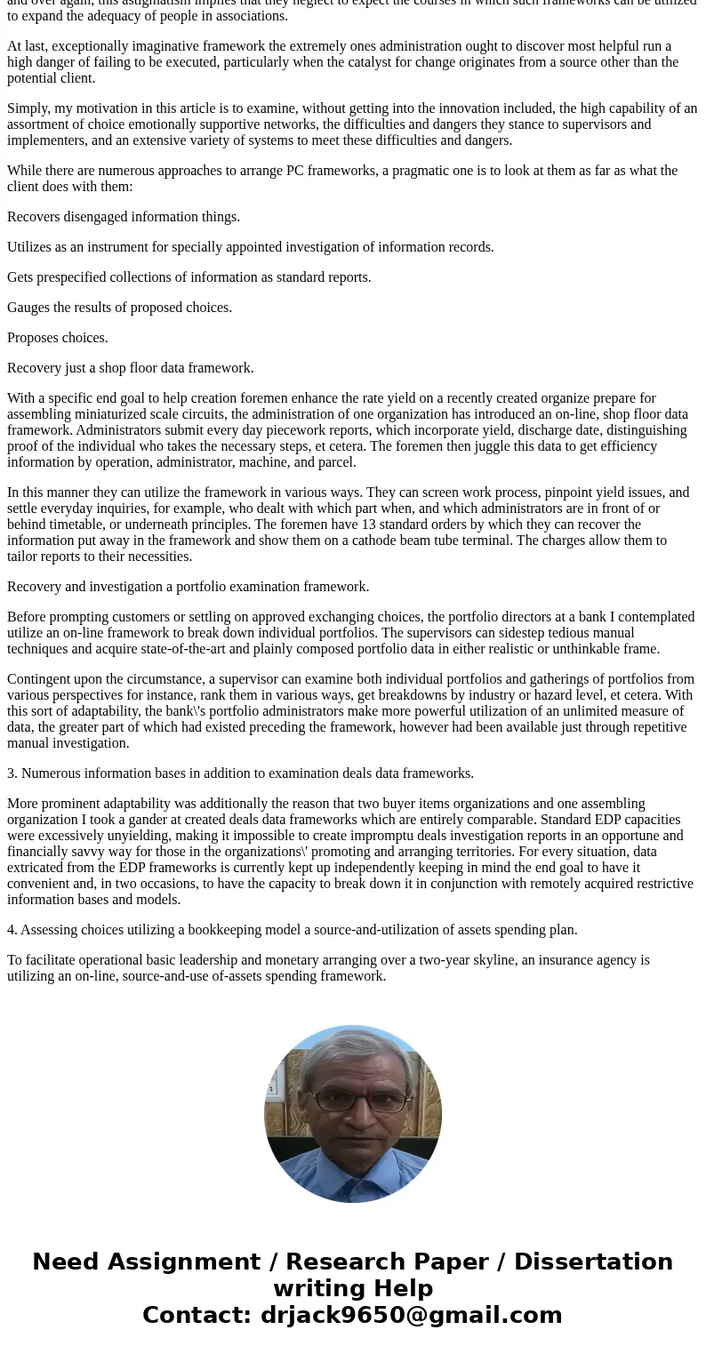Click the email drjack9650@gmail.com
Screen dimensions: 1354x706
(411, 1315)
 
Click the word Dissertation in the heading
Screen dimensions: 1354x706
(593, 1262)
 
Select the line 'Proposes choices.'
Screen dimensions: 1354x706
(58, 338)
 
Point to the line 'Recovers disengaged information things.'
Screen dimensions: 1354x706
(124, 217)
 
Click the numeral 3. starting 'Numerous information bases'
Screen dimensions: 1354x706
(12, 773)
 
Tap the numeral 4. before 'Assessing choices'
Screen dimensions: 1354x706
(12, 930)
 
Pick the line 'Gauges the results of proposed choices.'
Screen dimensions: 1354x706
(119, 308)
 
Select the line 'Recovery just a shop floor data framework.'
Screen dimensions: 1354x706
(131, 368)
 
